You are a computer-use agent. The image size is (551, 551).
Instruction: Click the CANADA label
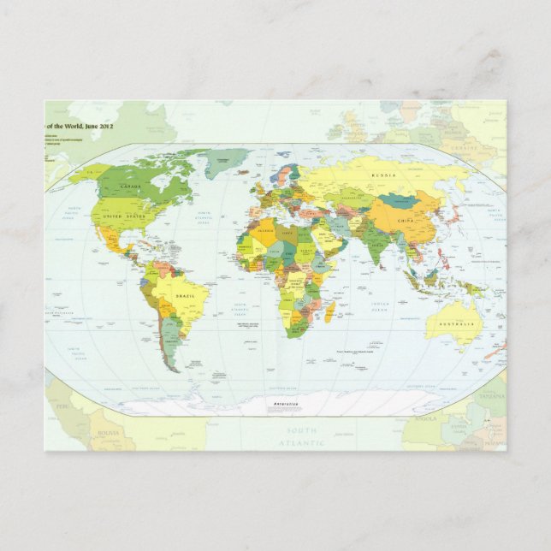pyautogui.click(x=131, y=186)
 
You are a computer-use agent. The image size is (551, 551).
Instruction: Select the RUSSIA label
pyautogui.click(x=382, y=175)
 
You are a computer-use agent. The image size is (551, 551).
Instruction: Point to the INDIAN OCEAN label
pyautogui.click(x=380, y=305)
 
